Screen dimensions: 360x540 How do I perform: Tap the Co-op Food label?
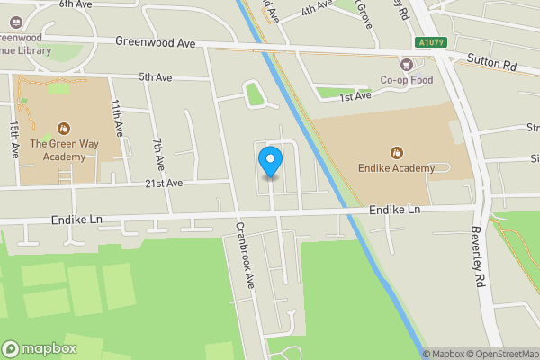pos(408,79)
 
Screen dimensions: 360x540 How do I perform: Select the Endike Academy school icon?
pos(396,152)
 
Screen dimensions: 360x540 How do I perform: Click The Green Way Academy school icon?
pos(63,129)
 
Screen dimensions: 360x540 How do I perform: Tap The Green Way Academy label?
pos(63,150)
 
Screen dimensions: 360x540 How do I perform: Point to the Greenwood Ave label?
pos(156,42)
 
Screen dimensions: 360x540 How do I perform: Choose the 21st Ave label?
pos(165,183)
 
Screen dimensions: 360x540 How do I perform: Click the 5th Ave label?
pos(155,77)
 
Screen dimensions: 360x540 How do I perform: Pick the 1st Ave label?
pos(355,96)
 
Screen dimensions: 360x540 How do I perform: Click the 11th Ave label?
pos(116,118)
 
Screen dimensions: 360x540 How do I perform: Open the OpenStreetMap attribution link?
pos(500,354)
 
